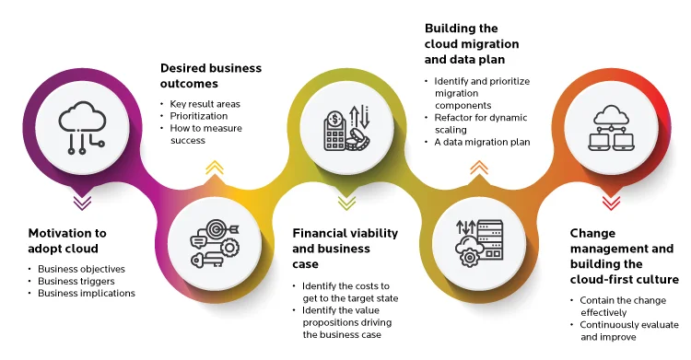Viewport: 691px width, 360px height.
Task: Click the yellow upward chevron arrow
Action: coord(214,168)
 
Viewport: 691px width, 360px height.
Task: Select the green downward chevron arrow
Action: coord(347,200)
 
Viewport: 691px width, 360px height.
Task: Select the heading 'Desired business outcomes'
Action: coord(211,75)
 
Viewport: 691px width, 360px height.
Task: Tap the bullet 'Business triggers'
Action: coord(77,282)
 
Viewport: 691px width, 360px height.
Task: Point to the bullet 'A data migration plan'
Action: coord(482,142)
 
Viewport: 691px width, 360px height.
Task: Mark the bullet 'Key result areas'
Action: coord(202,104)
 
